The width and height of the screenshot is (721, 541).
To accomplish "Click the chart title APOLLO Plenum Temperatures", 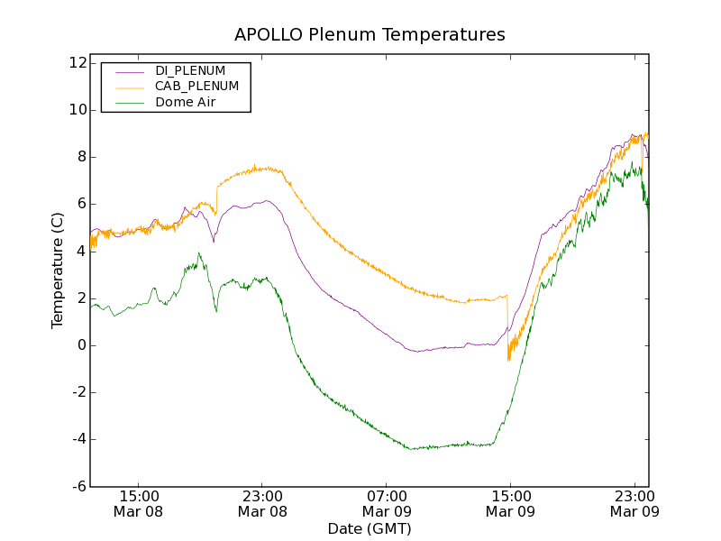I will point(370,35).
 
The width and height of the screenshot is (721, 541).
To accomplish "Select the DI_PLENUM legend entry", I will point(190,70).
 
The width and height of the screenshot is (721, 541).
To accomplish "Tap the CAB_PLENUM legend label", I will point(196,87).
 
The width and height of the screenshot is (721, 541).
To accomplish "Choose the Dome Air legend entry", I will point(186,103).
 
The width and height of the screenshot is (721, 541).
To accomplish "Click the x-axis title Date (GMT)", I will point(370,528).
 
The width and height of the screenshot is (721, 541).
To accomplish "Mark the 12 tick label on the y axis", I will point(77,63).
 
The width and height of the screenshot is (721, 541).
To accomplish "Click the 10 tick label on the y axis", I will point(77,110).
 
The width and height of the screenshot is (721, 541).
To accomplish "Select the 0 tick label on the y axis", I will point(81,345).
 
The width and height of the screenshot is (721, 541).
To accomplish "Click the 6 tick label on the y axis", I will point(81,204).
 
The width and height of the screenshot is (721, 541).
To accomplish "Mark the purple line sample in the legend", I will point(129,71).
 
